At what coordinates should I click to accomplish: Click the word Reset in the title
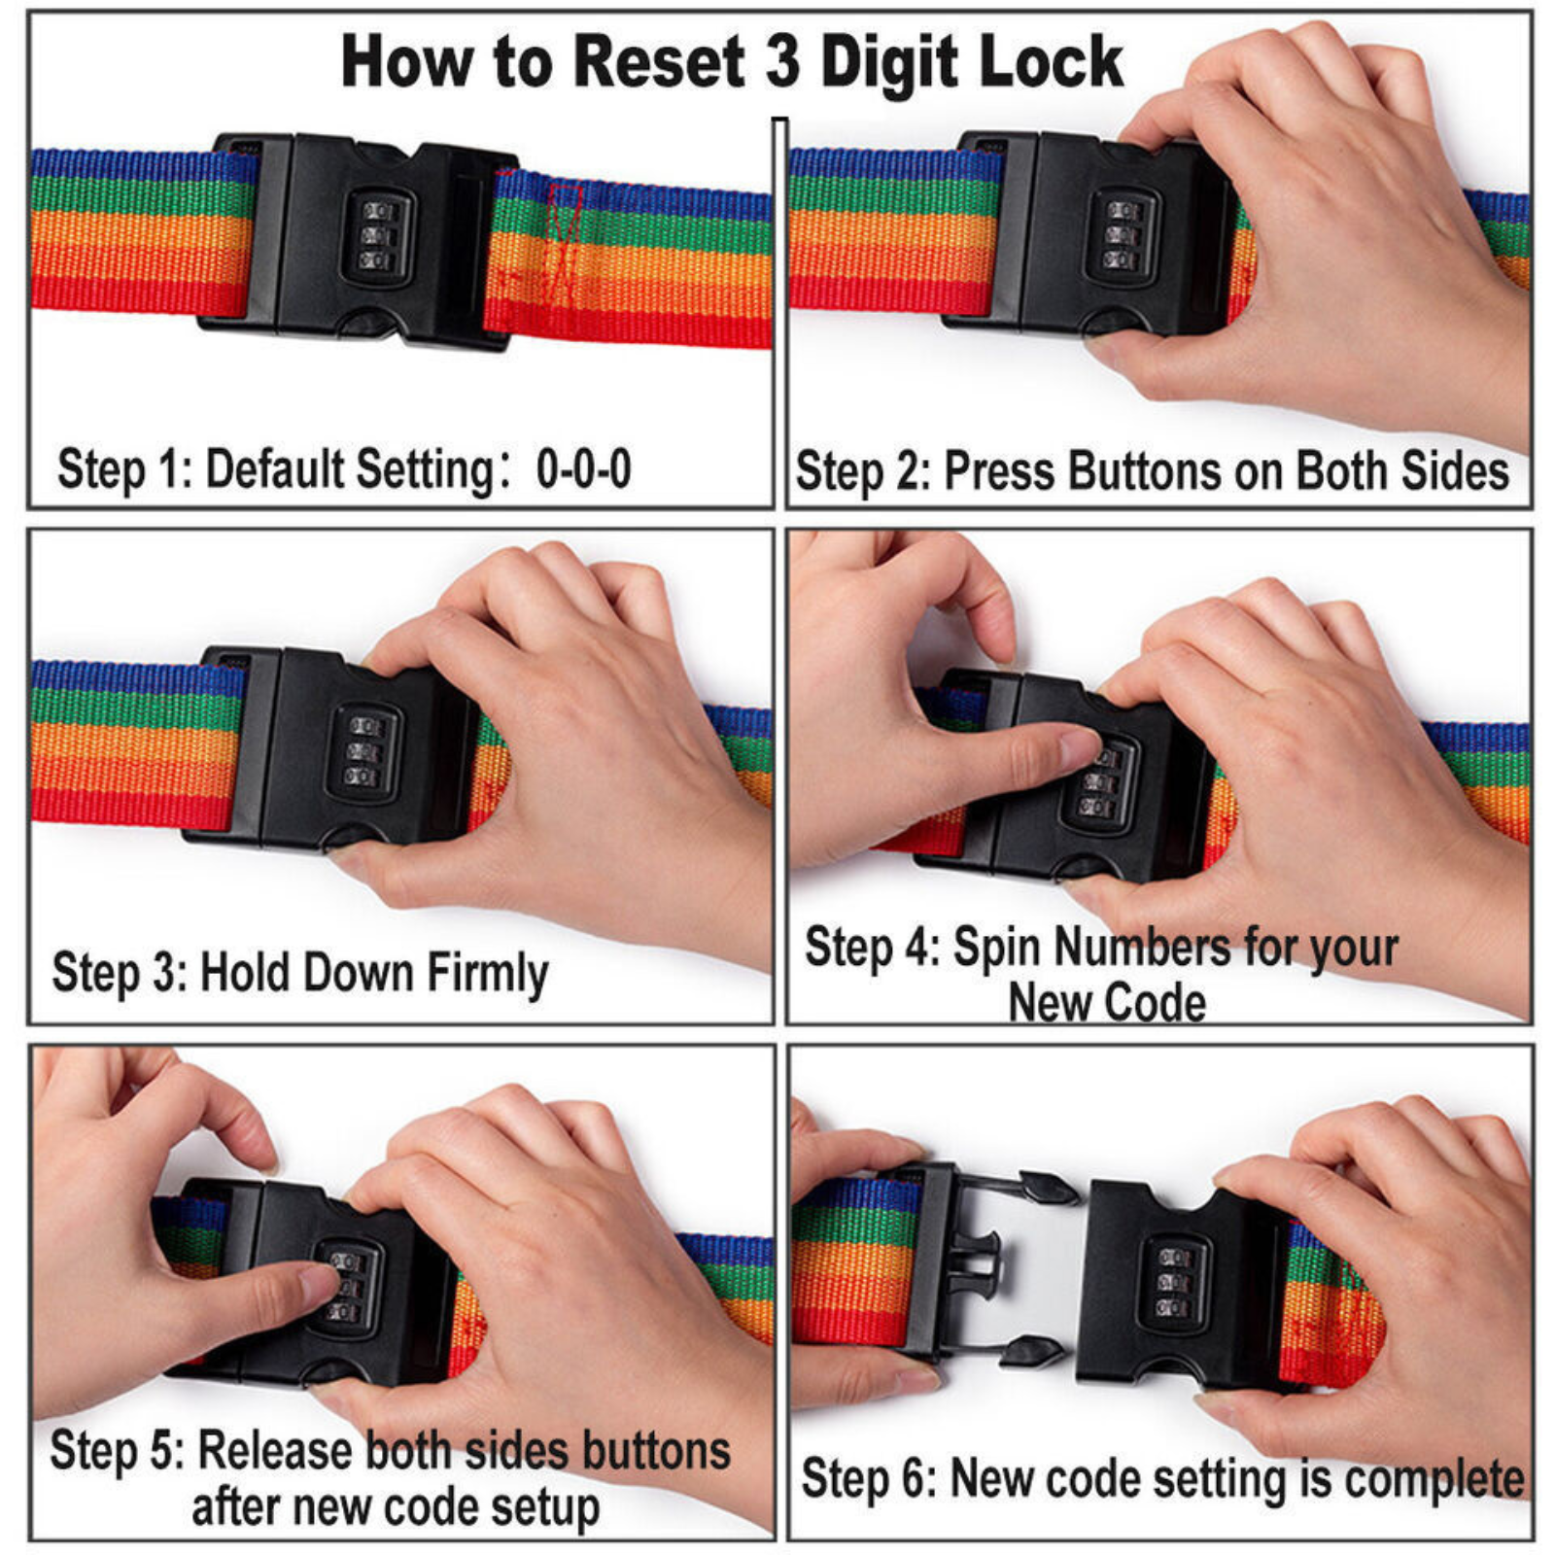tap(657, 62)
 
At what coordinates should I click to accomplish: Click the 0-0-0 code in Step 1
tap(583, 469)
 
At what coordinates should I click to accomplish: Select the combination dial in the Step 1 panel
tap(376, 236)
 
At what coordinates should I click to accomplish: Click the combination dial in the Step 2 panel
tap(1123, 236)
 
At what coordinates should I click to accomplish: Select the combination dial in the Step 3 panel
tap(363, 752)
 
